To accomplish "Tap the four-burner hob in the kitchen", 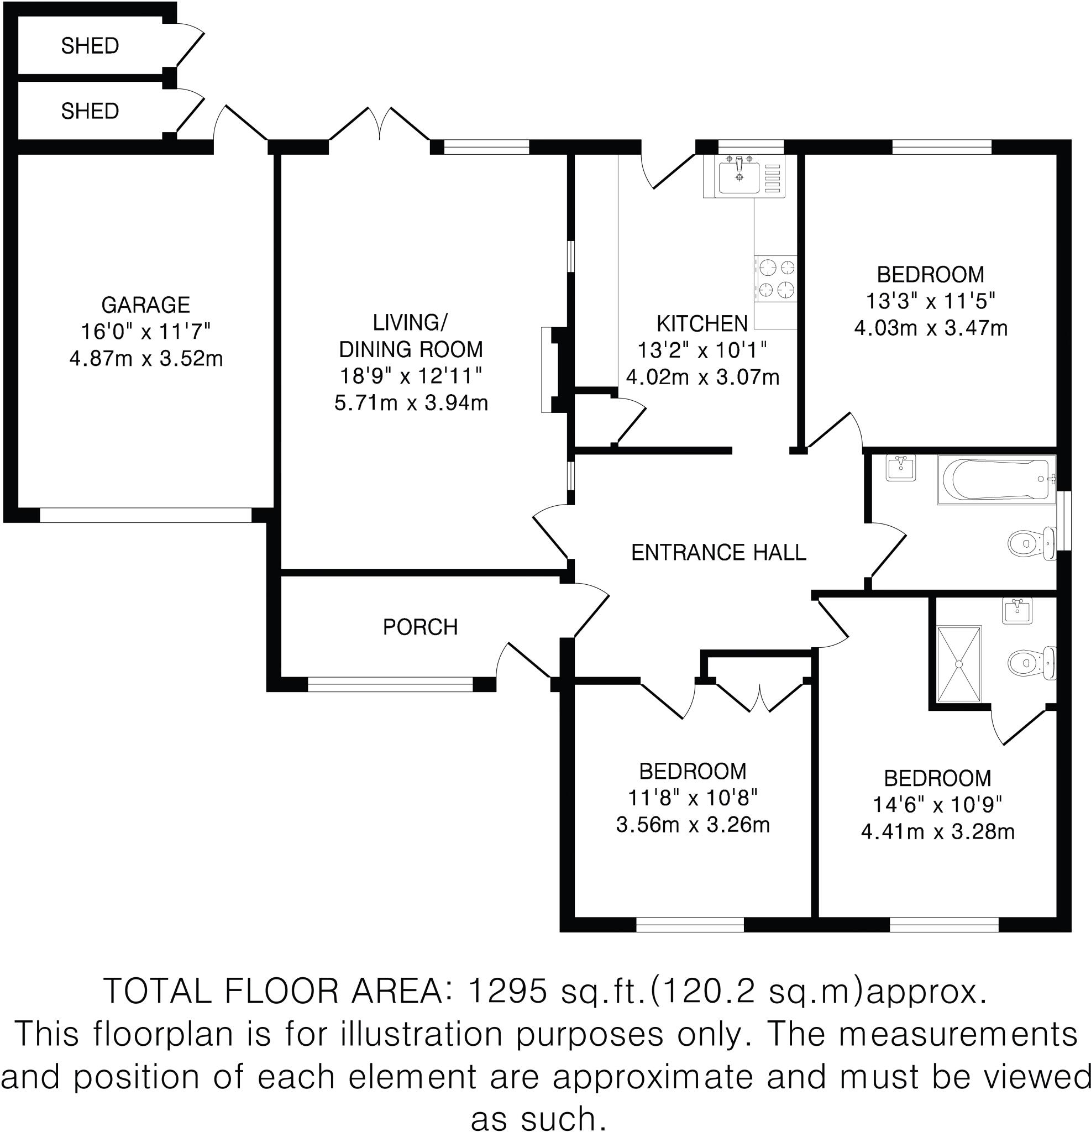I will click(x=776, y=279).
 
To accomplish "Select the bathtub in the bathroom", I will click(x=995, y=479).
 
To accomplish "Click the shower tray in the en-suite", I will click(x=959, y=664).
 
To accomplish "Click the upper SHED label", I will click(x=90, y=46).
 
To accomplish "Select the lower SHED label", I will click(x=90, y=111).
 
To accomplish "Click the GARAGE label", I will click(x=145, y=305).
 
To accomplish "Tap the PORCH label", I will click(x=420, y=627).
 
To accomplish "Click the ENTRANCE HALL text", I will click(x=718, y=553).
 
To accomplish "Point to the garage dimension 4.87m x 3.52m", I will click(x=145, y=359).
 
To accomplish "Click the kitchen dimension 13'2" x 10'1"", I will click(x=702, y=350).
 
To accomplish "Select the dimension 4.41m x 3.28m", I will click(x=937, y=832).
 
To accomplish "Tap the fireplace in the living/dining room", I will click(x=550, y=370).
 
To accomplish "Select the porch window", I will click(x=390, y=684).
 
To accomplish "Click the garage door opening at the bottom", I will click(x=145, y=515).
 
